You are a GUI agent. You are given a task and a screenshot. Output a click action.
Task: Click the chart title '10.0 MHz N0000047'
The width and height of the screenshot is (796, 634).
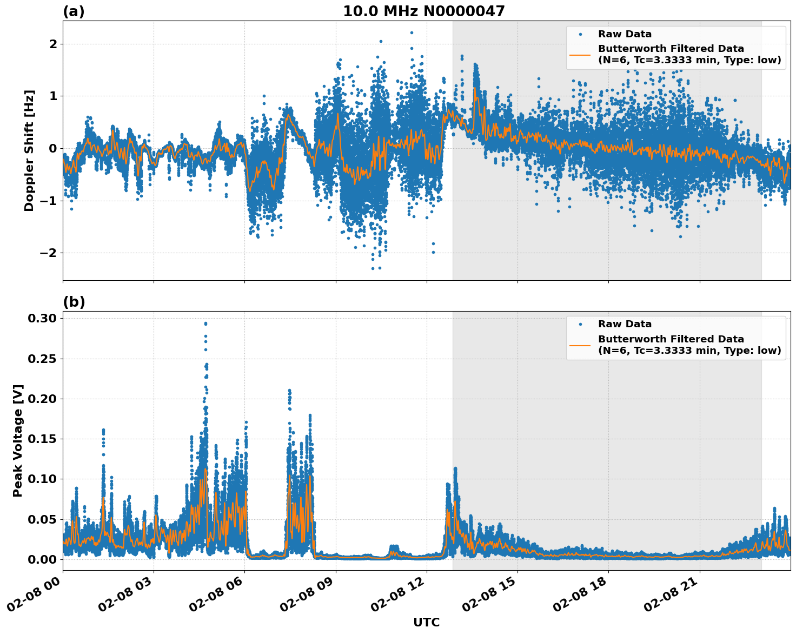(423, 11)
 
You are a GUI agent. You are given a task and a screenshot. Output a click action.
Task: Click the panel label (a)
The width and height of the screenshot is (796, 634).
(74, 11)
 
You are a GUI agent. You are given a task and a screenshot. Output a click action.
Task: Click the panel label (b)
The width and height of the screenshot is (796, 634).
(74, 302)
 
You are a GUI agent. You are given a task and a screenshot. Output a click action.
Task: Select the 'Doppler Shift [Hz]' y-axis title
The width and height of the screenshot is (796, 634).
(29, 150)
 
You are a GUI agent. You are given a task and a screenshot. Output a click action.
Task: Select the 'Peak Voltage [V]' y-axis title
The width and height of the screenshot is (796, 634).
(18, 440)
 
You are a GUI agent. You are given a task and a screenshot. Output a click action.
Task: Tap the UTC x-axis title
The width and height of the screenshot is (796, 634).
(426, 622)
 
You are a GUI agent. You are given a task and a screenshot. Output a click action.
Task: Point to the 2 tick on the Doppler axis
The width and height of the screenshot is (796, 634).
(53, 44)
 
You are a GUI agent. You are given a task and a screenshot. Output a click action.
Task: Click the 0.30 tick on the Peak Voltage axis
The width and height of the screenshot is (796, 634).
(42, 319)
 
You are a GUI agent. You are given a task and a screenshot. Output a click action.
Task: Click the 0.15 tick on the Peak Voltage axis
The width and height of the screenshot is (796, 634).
(42, 439)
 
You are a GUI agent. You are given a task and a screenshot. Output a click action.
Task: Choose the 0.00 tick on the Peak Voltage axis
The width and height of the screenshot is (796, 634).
(42, 559)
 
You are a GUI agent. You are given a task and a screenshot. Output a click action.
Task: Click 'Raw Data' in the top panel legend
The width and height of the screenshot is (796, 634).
(625, 34)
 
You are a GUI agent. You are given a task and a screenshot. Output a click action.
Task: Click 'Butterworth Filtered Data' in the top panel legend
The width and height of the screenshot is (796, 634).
(671, 49)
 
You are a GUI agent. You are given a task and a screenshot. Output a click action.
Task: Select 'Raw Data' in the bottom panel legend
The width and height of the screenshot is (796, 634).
(625, 324)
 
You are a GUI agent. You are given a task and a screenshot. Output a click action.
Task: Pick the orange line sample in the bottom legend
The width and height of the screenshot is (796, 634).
(580, 345)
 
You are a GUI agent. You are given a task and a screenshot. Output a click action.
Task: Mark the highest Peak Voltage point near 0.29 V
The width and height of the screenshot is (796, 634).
(205, 323)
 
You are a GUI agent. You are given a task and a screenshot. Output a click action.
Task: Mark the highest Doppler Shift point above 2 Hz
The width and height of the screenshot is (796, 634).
(412, 32)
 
